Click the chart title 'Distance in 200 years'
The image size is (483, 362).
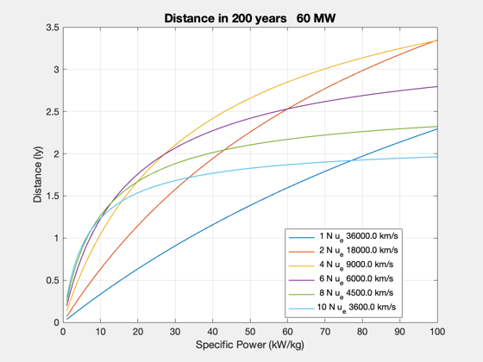(225, 18)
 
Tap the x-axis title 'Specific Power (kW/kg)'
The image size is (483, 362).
(250, 345)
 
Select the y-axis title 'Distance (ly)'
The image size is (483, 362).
(38, 174)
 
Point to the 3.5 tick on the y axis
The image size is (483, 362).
(53, 28)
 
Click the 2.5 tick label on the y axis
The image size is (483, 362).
(53, 112)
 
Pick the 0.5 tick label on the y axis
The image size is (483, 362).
(53, 280)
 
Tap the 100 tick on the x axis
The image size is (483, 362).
(437, 332)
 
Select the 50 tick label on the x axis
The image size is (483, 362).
(250, 332)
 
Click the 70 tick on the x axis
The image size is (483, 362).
(325, 332)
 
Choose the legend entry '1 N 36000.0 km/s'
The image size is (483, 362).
(343, 237)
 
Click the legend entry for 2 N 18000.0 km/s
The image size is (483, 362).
(343, 251)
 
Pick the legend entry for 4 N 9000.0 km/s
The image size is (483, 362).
(341, 265)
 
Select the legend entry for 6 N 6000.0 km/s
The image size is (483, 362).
(341, 279)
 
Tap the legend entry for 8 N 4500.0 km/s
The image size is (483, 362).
(341, 293)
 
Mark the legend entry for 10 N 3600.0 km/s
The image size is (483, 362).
(342, 308)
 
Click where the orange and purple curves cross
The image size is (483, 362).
(287, 109)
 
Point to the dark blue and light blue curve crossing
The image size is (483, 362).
(350, 160)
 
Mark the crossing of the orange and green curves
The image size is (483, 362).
(224, 150)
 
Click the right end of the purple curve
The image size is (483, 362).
(437, 86)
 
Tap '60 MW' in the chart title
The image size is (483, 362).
(316, 18)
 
